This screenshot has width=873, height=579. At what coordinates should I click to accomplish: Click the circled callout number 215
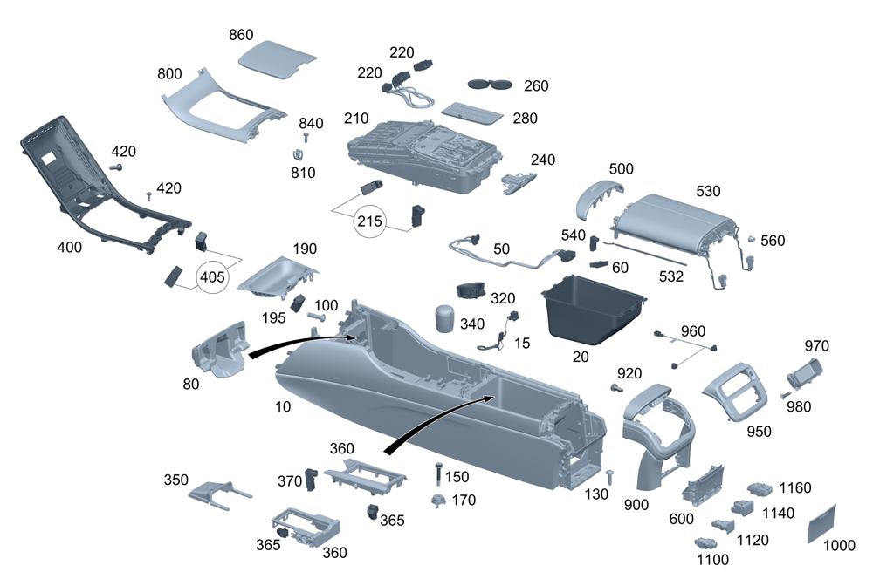[369, 221]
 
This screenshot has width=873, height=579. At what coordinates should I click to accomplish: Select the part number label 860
[241, 35]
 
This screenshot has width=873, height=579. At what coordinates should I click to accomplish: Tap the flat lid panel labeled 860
[278, 61]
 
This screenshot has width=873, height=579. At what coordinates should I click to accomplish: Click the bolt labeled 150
[436, 475]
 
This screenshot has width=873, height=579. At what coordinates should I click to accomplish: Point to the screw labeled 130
[610, 475]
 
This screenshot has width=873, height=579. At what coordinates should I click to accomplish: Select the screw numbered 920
[616, 386]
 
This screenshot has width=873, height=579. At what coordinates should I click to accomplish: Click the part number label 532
[670, 277]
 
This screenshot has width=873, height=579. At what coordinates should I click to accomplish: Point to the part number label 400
[69, 247]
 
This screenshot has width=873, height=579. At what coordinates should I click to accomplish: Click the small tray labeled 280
[471, 112]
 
